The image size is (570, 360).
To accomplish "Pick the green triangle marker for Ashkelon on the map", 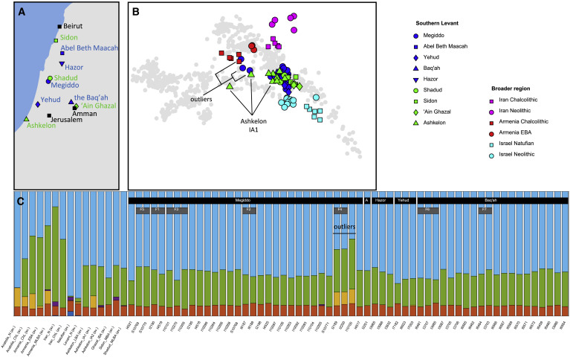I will tap(27, 119).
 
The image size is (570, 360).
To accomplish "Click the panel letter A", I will tap(9, 10).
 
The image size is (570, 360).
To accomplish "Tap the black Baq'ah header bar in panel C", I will tap(491, 200).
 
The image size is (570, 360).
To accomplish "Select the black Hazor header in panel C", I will tap(381, 200).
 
